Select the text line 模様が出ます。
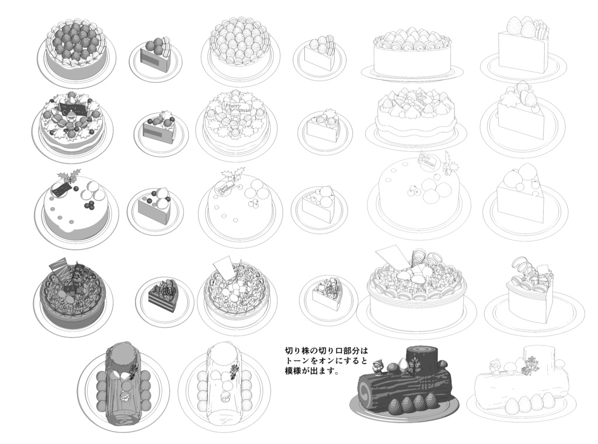(x=312, y=371)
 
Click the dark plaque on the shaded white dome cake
(x=60, y=188)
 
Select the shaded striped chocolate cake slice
(x=164, y=297)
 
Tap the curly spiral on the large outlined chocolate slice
(x=524, y=268)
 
